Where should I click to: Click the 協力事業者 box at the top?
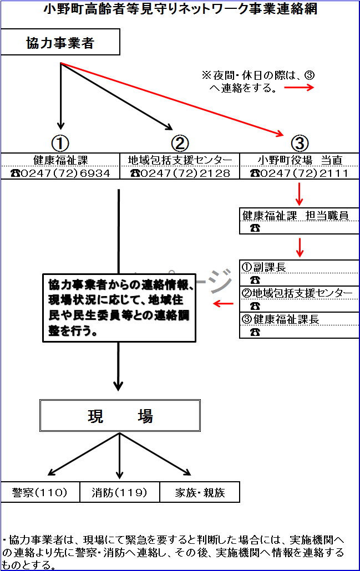60,43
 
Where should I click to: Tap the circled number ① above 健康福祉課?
60,143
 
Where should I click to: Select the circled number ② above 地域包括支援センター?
180,143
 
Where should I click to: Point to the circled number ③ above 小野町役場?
300,143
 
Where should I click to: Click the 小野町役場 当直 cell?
300,160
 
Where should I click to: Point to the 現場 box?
120,415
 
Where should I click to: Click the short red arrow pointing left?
224,303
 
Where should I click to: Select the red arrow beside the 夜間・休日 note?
299,88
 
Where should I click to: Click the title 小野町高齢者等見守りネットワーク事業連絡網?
179,9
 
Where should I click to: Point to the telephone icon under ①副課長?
255,280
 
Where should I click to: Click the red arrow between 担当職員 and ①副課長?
300,247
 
